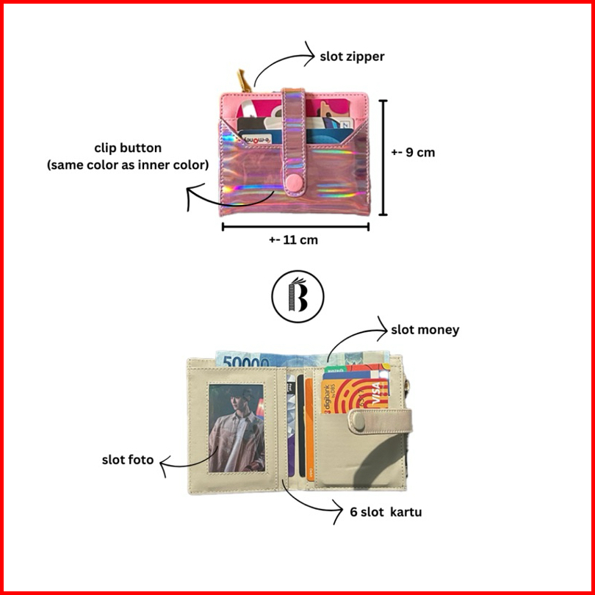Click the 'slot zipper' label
click(x=352, y=56)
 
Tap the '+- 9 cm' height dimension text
click(x=413, y=153)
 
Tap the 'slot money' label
click(x=425, y=330)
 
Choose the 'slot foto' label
click(x=128, y=460)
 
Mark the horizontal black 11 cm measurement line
click(x=295, y=227)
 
